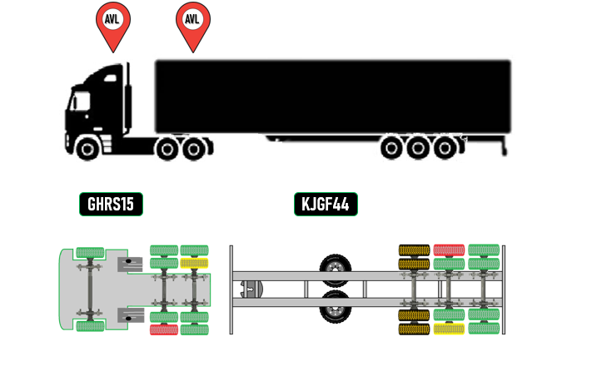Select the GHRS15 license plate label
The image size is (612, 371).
111,204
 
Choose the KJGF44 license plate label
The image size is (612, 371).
326,204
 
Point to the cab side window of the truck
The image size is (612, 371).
81,101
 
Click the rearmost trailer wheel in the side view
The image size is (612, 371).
446,149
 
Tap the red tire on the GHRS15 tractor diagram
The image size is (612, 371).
163,329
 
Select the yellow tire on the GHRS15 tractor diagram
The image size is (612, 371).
194,263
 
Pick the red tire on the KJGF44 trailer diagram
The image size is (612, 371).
449,250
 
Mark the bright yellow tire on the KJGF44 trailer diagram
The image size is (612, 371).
449,329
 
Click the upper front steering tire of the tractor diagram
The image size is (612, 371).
89,252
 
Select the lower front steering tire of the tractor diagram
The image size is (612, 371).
89,326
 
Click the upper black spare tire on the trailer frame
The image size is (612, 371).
336,269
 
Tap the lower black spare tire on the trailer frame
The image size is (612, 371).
336,307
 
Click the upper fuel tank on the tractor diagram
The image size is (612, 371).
129,265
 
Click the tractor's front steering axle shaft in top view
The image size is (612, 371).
89,289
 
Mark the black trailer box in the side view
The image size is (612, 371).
333,96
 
